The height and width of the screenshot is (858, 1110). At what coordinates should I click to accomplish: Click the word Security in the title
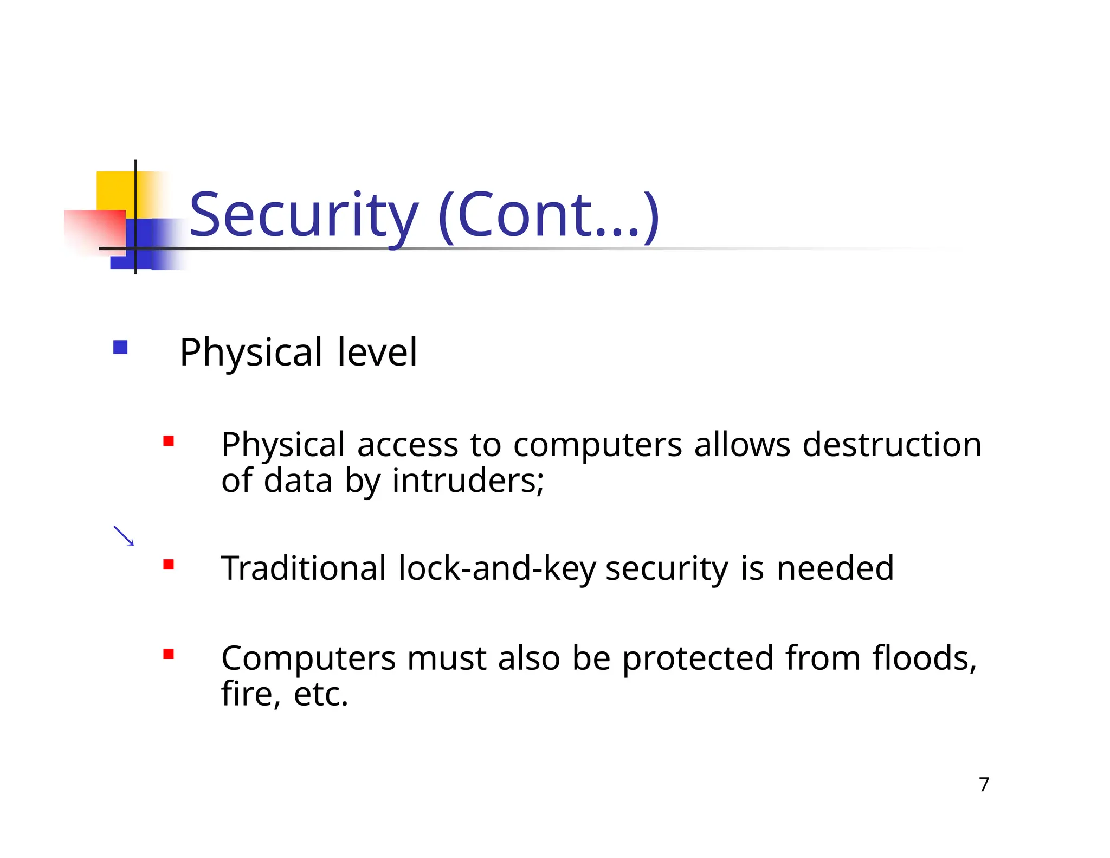pos(304,216)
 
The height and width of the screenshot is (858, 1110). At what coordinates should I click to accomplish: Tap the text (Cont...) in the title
pos(548,216)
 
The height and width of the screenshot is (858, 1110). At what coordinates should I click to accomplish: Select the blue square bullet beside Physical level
pos(120,347)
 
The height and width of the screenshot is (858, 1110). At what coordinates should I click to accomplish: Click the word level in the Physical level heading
pos(377,353)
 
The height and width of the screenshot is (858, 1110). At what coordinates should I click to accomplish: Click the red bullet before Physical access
pos(169,441)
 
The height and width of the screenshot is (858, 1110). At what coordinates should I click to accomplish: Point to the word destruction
pos(892,445)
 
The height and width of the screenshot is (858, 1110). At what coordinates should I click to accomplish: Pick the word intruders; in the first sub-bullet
pos(468,481)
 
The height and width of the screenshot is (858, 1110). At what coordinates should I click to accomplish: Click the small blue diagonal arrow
pos(124,535)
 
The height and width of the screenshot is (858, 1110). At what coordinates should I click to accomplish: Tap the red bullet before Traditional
pos(169,565)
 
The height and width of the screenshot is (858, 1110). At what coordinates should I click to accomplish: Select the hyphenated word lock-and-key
pos(496,568)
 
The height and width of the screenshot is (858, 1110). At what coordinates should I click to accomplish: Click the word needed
pos(835,568)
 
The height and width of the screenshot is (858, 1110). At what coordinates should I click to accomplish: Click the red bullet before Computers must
pos(169,654)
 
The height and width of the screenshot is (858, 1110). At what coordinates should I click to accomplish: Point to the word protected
pos(698,659)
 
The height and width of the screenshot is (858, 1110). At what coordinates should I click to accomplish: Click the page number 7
pos(984,784)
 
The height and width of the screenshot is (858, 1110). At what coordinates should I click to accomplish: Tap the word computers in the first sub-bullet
pos(597,446)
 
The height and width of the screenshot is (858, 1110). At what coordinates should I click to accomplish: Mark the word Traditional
pos(304,568)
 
